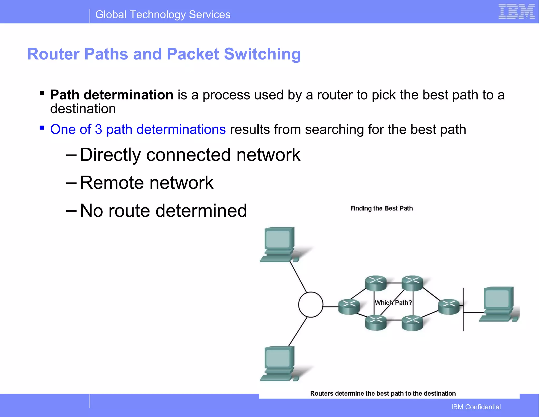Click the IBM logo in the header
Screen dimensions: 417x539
tap(516, 12)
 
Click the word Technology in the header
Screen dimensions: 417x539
tap(158, 15)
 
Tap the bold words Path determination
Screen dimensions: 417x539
tap(112, 95)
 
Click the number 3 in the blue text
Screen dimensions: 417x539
tap(98, 130)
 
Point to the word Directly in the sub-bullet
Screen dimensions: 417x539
tap(110, 155)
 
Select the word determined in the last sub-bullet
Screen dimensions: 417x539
tap(201, 211)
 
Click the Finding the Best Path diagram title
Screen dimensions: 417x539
tap(381, 208)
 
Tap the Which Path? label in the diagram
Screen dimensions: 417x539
tap(393, 303)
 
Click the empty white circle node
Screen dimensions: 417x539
tap(311, 305)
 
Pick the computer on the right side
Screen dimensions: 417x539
tap(498, 304)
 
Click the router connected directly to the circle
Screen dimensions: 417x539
tap(349, 307)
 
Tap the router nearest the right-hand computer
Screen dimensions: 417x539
tap(448, 307)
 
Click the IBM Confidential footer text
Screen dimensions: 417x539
tap(476, 407)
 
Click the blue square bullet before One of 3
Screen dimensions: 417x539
tap(42, 128)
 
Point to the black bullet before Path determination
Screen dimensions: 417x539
tap(42, 93)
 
